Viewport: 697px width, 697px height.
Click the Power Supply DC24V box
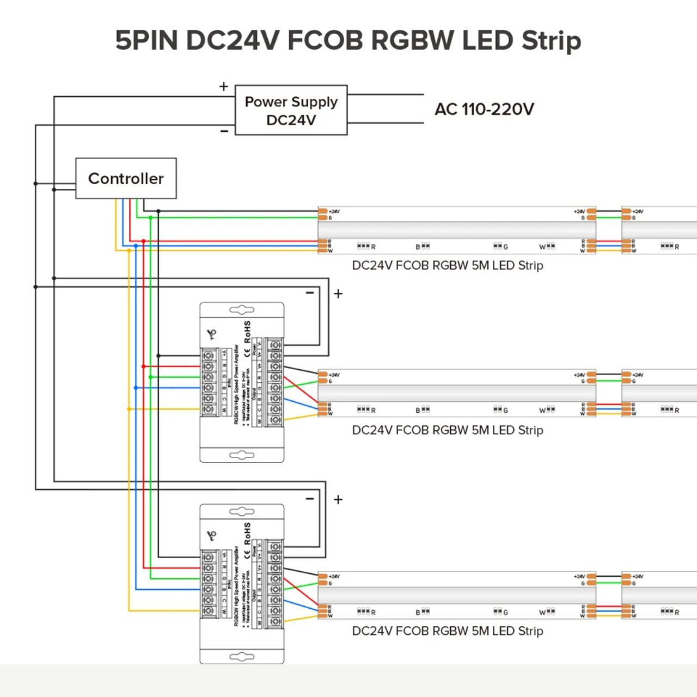tap(291, 110)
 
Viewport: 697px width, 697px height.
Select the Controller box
tap(126, 179)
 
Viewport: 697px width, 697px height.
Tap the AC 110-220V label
tap(484, 109)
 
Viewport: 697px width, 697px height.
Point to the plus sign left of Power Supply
tap(223, 87)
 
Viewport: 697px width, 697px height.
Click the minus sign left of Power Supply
tap(224, 131)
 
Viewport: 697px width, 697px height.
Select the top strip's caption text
tap(447, 266)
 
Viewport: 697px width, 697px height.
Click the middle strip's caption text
tap(447, 430)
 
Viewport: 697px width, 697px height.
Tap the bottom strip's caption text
tap(447, 631)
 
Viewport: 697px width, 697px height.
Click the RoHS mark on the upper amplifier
tap(248, 332)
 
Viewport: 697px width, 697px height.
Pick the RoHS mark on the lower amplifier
tap(248, 534)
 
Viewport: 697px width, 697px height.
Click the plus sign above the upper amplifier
tap(338, 294)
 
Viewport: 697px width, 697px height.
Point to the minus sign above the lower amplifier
tap(310, 499)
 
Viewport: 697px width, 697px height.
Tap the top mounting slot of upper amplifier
tap(242, 310)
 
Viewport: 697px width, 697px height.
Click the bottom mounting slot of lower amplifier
tap(242, 657)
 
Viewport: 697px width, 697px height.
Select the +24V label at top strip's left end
tap(334, 211)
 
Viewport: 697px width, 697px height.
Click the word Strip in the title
tap(551, 41)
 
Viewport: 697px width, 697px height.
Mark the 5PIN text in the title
tap(146, 40)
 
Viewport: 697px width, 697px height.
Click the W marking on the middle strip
tap(542, 411)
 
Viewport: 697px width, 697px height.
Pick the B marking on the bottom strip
tap(418, 613)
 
